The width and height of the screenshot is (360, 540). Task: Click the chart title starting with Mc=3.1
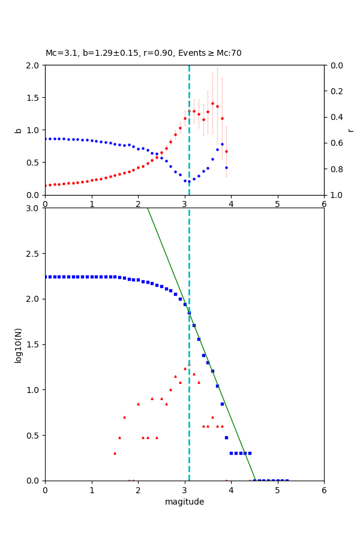pos(143,53)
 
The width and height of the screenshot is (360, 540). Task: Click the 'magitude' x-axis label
pos(184,502)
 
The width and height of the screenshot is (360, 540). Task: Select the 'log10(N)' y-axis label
pos(18,344)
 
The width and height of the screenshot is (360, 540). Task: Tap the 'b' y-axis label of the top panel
pos(18,130)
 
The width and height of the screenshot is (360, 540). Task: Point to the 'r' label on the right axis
pos(350,130)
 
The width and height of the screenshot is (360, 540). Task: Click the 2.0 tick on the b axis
pos(34,65)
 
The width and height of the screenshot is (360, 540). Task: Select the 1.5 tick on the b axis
pos(34,98)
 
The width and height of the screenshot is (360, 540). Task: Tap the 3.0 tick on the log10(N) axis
pos(34,208)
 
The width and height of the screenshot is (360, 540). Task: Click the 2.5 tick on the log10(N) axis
pos(34,254)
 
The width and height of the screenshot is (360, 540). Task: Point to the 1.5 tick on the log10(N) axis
pos(34,344)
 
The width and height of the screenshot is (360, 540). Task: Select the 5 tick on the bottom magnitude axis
pos(277,490)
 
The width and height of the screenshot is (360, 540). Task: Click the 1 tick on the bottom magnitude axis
pos(91,490)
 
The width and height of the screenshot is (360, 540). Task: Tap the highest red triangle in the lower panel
pos(185,368)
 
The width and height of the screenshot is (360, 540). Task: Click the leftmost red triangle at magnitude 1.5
pos(115,453)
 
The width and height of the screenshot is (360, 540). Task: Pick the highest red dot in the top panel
pos(212,103)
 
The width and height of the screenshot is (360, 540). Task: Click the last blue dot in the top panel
pos(226,167)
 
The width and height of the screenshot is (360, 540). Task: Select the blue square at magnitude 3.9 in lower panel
pos(226,437)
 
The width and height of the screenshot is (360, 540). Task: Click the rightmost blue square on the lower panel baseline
pos(287,480)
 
